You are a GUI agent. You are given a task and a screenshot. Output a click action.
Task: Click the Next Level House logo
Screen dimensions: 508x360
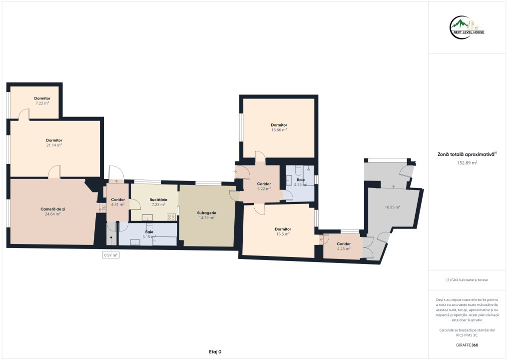click(x=467, y=27)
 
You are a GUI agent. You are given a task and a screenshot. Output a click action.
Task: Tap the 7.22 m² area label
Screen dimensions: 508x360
click(x=42, y=103)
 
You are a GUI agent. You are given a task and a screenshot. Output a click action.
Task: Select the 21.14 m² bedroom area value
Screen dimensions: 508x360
click(x=54, y=145)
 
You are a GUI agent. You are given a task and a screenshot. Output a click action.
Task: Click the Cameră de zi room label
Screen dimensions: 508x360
click(x=52, y=209)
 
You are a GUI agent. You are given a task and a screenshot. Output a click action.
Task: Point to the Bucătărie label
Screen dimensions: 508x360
click(x=158, y=200)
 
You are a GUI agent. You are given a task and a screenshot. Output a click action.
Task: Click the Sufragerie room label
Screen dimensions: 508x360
click(x=206, y=213)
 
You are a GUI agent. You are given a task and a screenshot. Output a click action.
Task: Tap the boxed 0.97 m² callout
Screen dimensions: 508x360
click(x=111, y=255)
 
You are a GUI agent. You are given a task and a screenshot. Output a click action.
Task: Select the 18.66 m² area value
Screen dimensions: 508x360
click(x=279, y=129)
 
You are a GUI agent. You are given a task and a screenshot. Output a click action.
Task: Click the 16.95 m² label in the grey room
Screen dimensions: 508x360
click(x=392, y=207)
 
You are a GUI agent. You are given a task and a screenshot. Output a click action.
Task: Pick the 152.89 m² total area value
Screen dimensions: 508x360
click(x=467, y=163)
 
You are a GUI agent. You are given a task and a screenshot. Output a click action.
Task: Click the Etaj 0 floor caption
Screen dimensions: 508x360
click(x=215, y=352)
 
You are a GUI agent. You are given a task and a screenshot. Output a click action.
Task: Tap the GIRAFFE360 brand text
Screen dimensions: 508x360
click(x=467, y=345)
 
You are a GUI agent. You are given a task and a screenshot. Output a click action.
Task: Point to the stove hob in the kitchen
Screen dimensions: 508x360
click(x=171, y=217)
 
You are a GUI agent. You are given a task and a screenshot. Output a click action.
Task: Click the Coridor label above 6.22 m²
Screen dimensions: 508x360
click(x=264, y=184)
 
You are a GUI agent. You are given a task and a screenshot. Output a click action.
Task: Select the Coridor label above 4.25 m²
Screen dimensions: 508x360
click(x=344, y=244)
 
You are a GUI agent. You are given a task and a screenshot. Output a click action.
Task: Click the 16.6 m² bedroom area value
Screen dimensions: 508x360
click(x=283, y=234)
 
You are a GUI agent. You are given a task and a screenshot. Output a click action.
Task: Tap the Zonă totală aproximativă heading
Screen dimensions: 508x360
click(x=467, y=154)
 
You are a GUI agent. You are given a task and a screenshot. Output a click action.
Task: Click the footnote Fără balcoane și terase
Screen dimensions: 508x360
click(x=467, y=280)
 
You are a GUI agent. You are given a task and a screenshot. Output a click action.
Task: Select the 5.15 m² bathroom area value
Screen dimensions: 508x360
click(x=149, y=237)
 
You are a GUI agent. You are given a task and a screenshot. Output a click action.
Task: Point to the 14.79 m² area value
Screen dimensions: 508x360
click(x=206, y=218)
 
